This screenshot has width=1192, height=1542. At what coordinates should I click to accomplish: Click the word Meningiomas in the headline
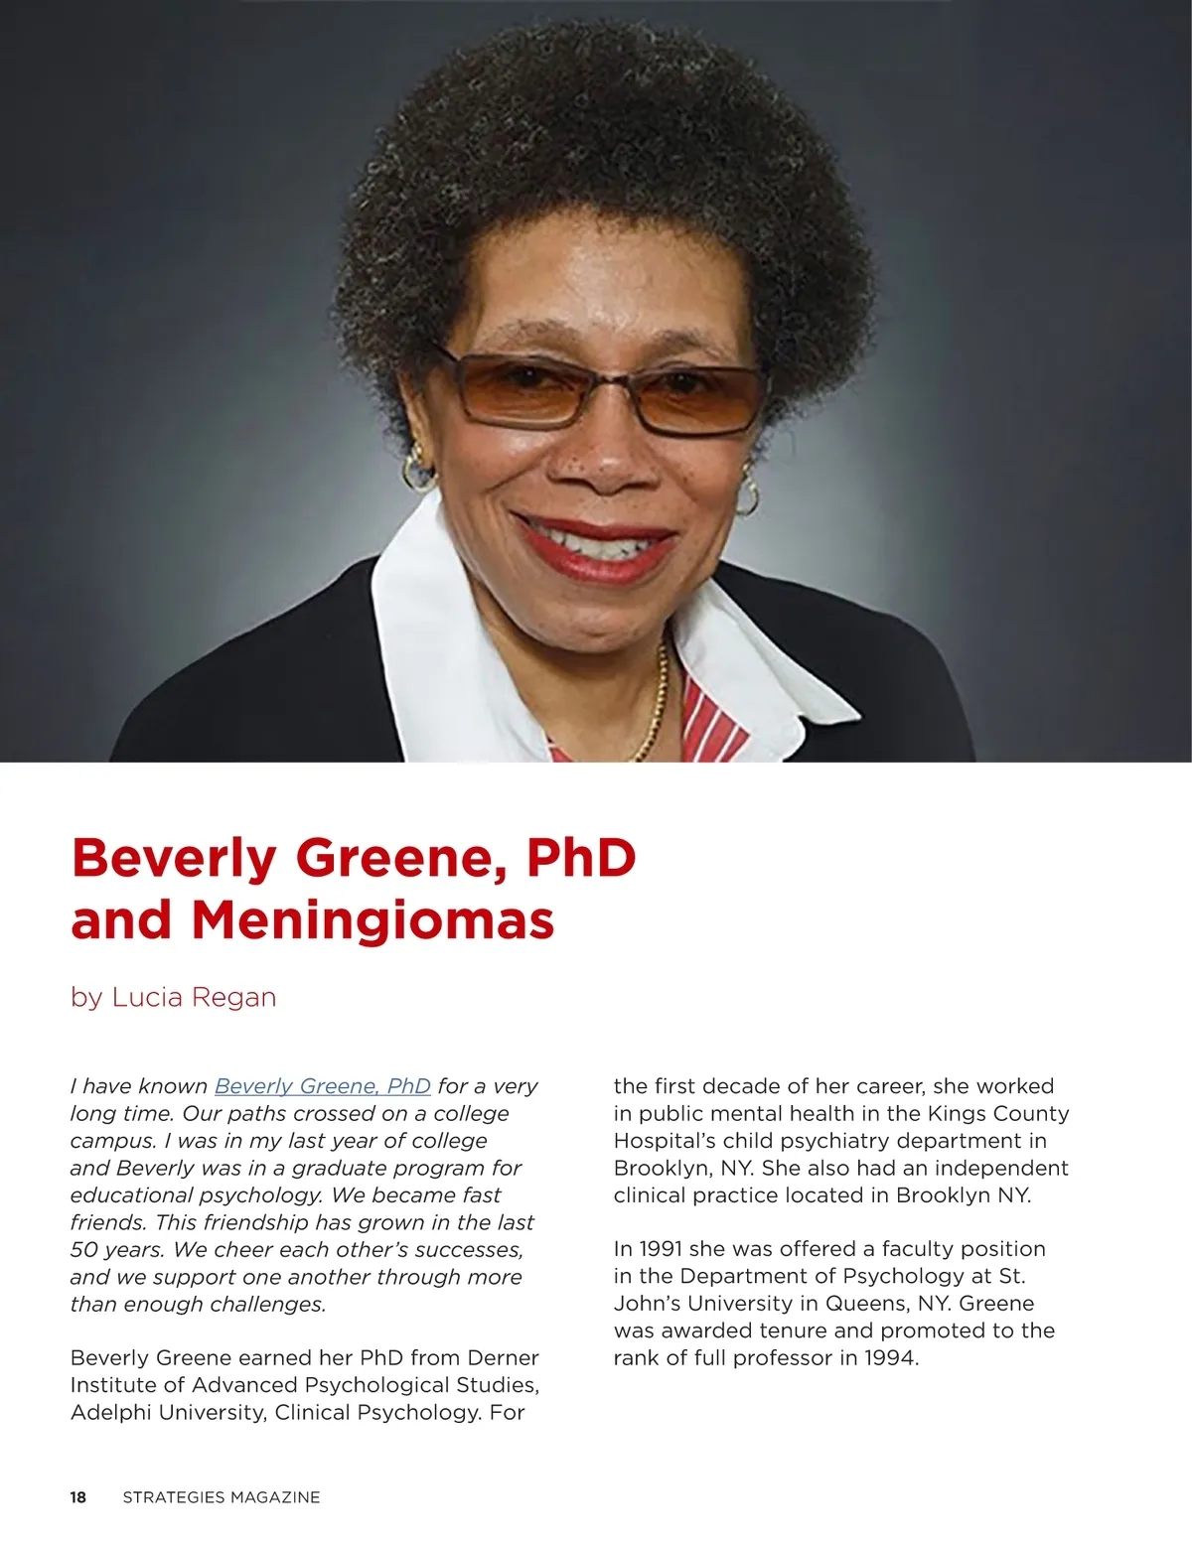372,919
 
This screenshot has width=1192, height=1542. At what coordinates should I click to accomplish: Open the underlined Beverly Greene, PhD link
322,1086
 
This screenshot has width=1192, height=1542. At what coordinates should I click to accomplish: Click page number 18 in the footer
78,1497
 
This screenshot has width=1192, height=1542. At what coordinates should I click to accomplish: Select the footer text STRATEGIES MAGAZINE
221,1497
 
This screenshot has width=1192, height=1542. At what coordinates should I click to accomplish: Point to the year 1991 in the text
661,1249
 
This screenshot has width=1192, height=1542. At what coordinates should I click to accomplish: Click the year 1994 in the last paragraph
891,1357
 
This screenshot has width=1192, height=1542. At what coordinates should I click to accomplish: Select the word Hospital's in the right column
661,1141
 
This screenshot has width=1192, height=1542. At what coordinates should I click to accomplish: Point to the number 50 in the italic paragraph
85,1249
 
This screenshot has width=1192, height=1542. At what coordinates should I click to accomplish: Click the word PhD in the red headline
581,858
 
